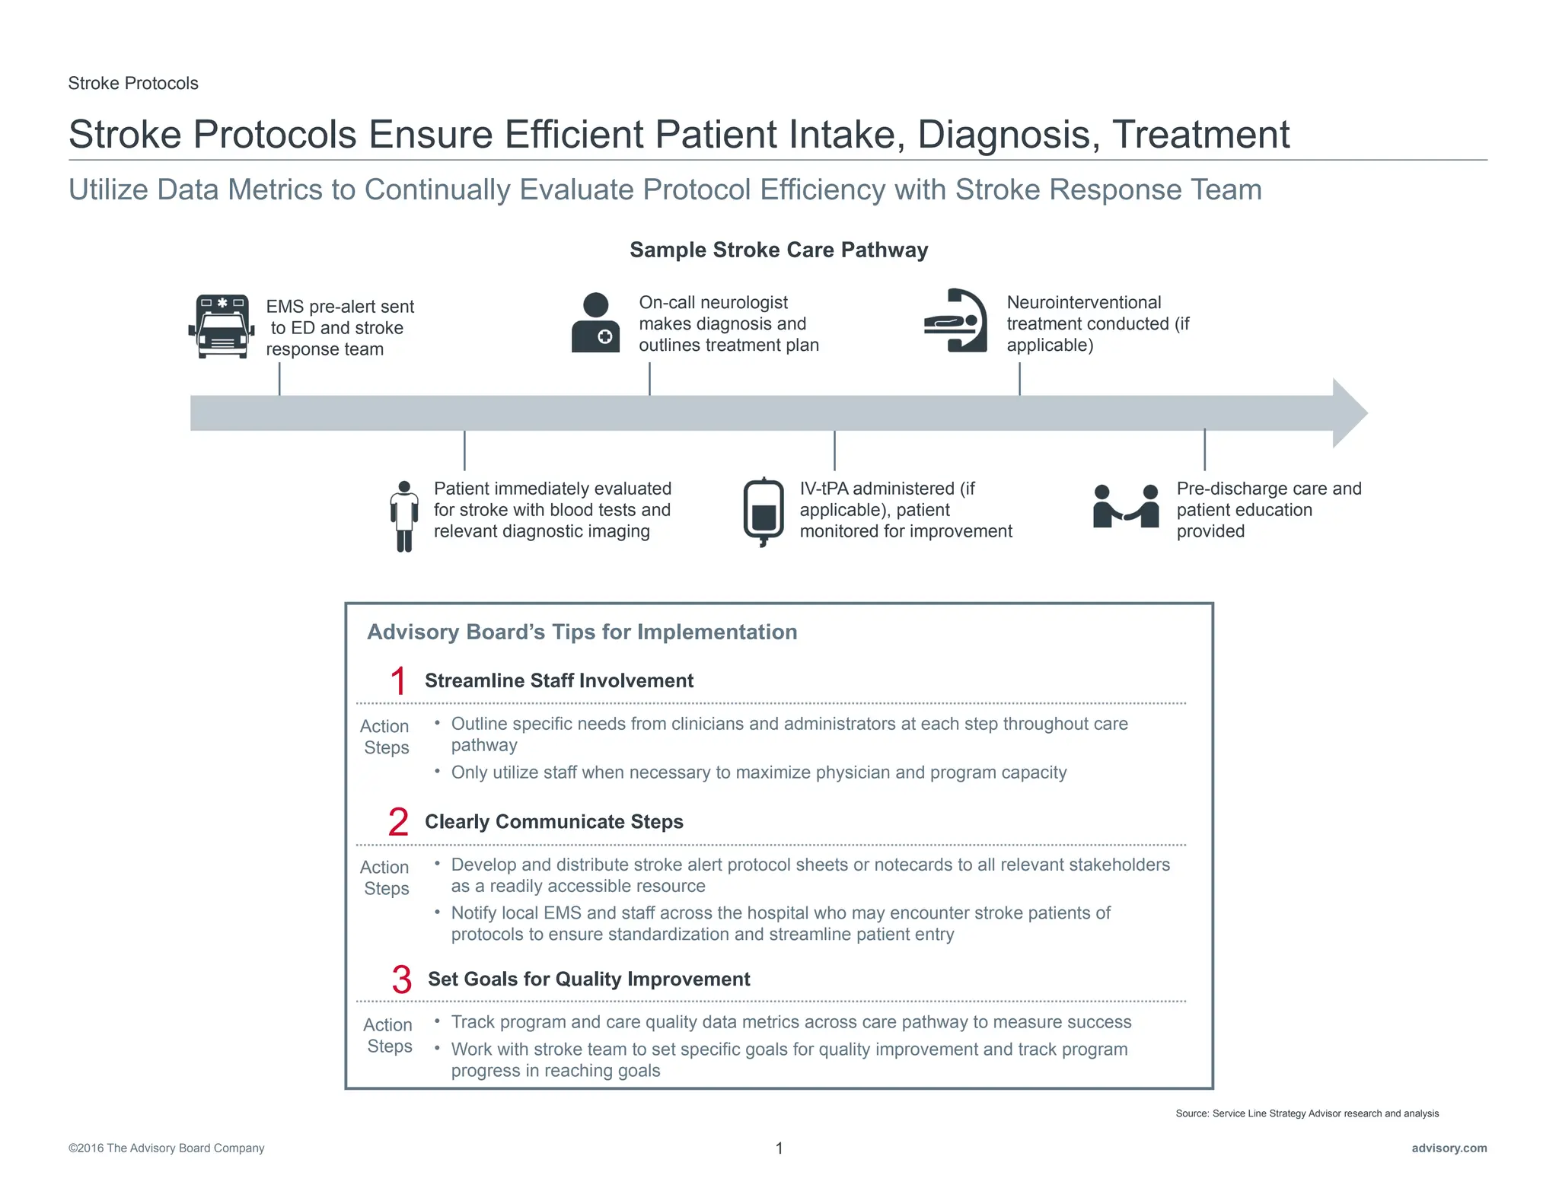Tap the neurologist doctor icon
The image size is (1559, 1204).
click(596, 323)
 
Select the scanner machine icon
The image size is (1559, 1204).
click(955, 320)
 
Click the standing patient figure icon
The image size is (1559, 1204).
click(404, 516)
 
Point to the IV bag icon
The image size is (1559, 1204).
click(763, 512)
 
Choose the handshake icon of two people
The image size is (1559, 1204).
click(1126, 507)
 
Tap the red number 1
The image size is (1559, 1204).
click(398, 680)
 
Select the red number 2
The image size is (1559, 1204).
click(398, 822)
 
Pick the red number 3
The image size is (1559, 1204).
click(401, 979)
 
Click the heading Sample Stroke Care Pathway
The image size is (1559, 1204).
click(779, 250)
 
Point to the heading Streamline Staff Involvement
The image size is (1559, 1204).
click(559, 680)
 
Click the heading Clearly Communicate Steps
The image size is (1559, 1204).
click(553, 822)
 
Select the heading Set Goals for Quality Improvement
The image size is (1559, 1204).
click(588, 979)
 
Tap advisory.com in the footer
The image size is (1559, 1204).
click(1449, 1148)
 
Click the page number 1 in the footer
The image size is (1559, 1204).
click(779, 1148)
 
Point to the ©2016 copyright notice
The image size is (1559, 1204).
click(166, 1148)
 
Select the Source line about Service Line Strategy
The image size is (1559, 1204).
click(1306, 1113)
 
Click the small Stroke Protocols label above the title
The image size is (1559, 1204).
click(133, 83)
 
